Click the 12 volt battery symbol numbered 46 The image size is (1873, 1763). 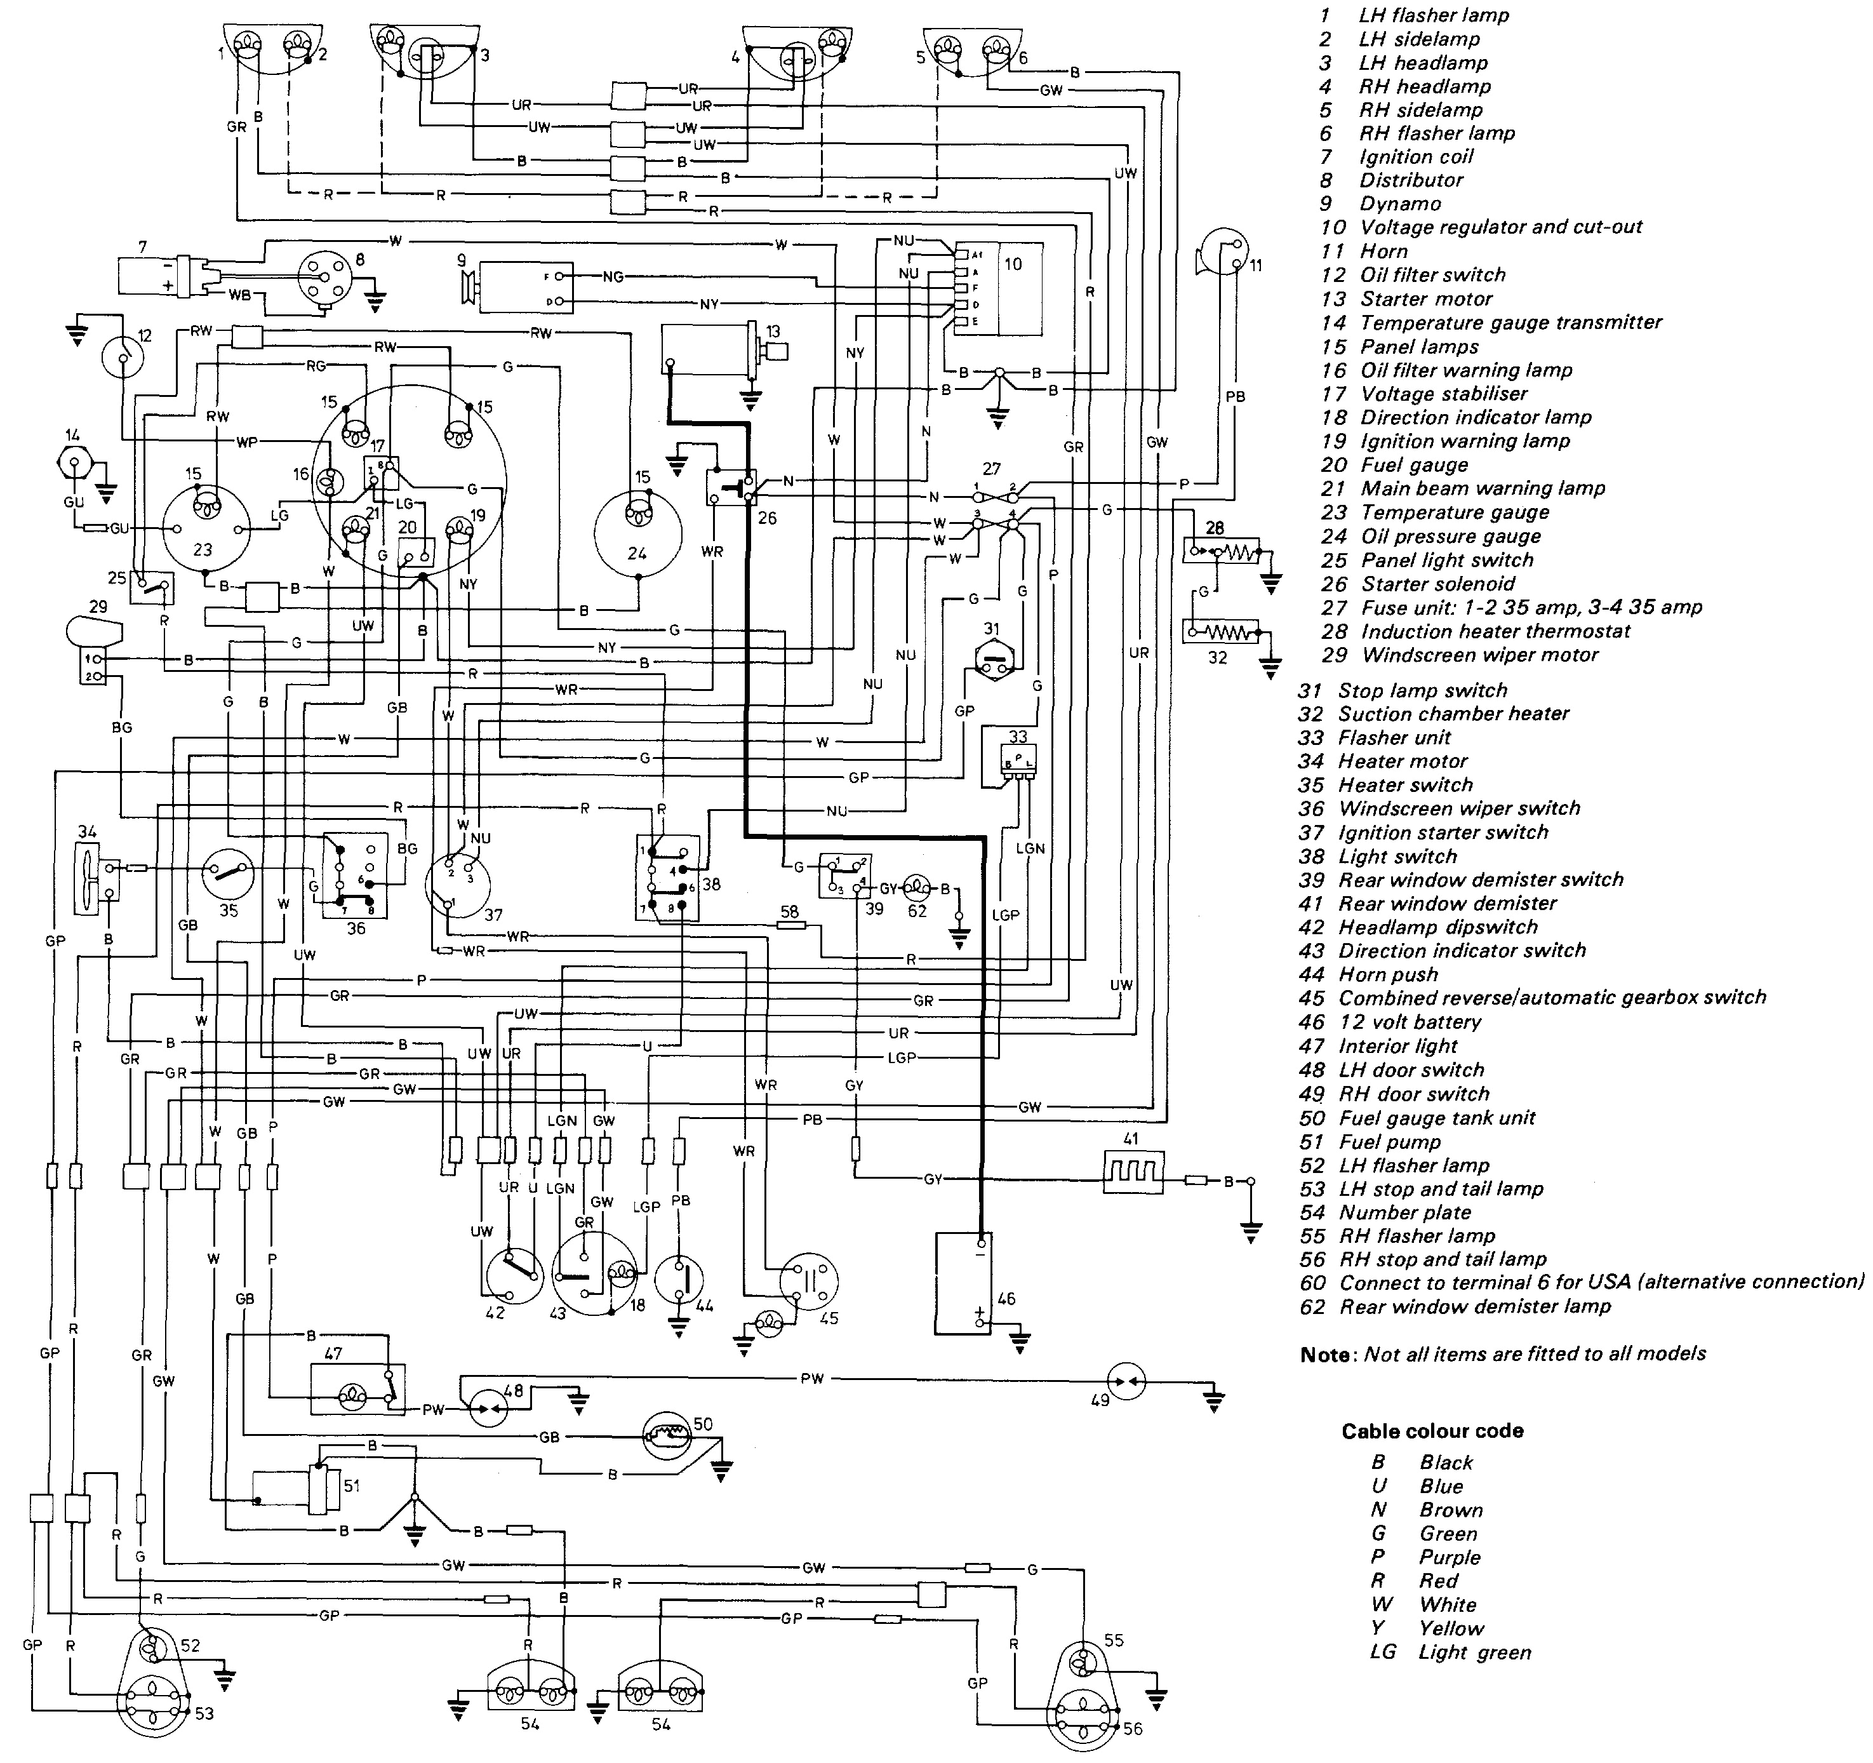tap(964, 1284)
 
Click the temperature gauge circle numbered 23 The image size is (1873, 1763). tap(204, 530)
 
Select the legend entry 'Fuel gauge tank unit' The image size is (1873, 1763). tap(1437, 1118)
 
